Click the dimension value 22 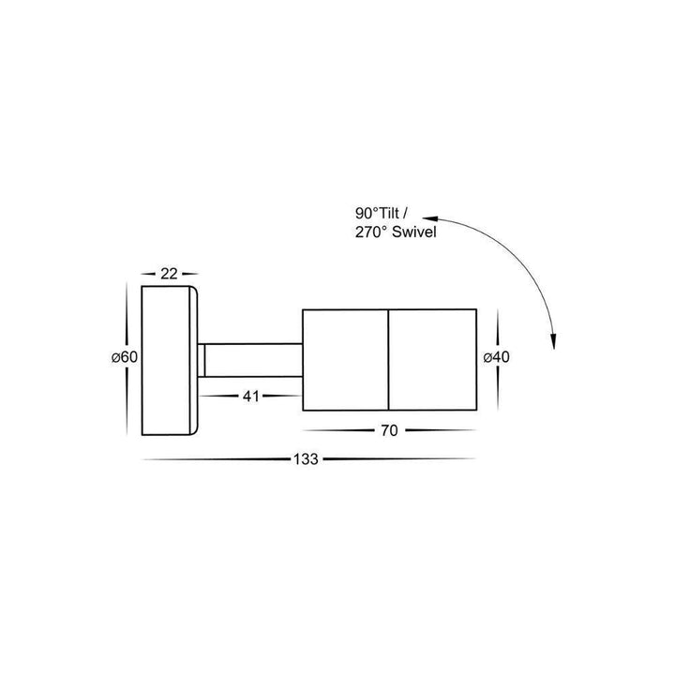[x=170, y=273]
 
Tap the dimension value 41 [x=250, y=397]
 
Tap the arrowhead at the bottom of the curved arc [x=554, y=345]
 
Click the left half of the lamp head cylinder [x=344, y=358]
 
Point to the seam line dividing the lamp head [x=387, y=358]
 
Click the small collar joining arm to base [x=202, y=358]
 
